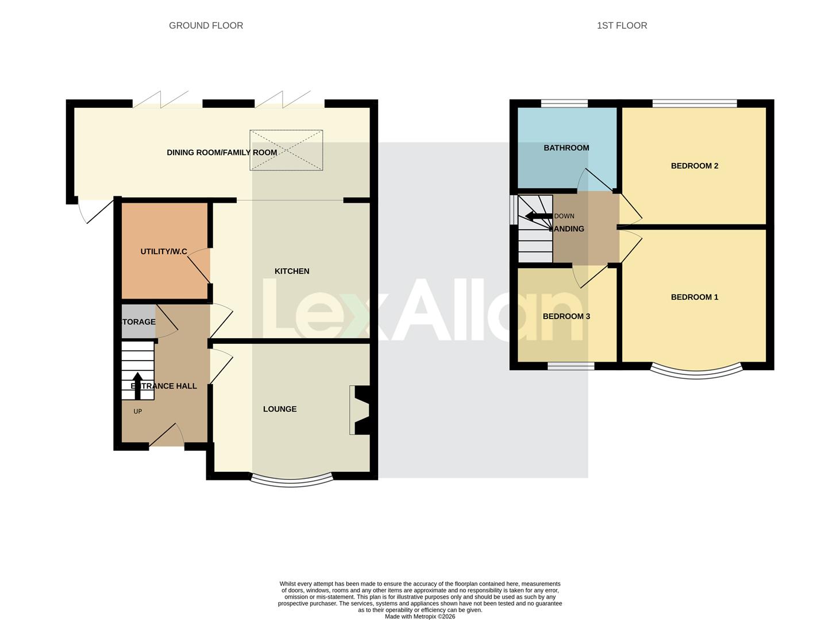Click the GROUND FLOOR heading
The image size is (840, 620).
coord(206,25)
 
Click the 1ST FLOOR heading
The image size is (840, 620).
coord(622,25)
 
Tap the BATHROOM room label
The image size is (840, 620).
coord(566,148)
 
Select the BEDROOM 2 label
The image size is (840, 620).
coord(694,166)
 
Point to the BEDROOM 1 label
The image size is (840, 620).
coord(694,297)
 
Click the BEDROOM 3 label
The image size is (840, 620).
coord(566,316)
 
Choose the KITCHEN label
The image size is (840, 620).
coord(292,271)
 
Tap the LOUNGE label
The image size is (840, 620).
coord(280,409)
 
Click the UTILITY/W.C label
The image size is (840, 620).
coord(164,251)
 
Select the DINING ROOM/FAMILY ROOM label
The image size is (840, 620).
coord(222,152)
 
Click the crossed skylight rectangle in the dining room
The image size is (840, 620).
coord(286,150)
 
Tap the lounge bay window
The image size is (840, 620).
coord(291,481)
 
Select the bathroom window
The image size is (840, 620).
coord(564,103)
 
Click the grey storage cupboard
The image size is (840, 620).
coord(138,321)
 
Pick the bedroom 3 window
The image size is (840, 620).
coord(571,366)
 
